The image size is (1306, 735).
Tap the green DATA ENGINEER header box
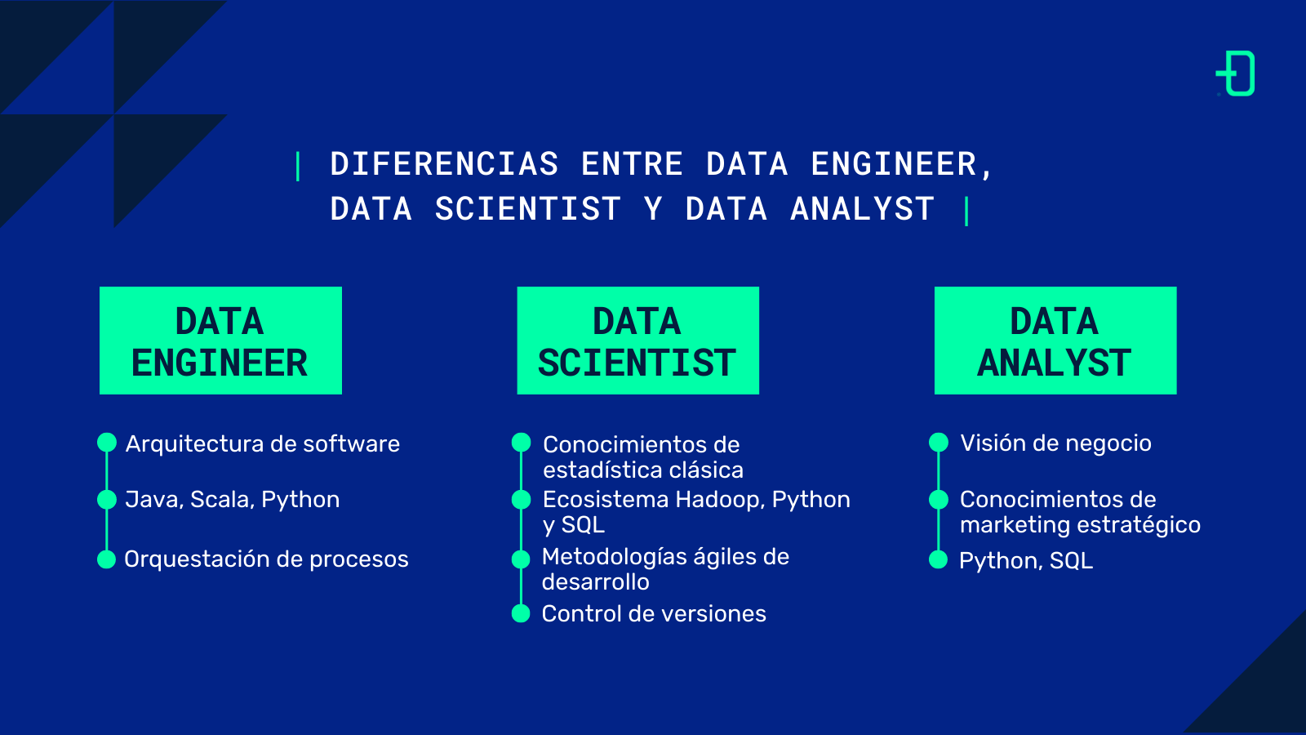coord(220,341)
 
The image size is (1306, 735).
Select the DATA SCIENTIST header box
coord(637,341)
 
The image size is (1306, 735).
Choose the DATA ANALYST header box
coord(1055,341)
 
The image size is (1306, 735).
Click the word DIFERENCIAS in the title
coord(444,164)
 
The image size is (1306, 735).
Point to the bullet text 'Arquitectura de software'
coord(262,443)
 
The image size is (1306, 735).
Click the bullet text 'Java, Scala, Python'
coord(232,499)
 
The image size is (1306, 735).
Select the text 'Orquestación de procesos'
coord(266,559)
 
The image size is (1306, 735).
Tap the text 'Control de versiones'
coord(654,613)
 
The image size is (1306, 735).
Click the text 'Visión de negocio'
coord(1055,443)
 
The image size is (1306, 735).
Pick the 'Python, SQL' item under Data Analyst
coord(1025,560)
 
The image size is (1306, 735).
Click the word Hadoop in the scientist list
coord(718,499)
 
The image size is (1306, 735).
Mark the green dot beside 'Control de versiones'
coord(521,613)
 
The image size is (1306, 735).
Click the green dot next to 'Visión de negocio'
coord(939,443)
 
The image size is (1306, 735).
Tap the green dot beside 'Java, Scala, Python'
coord(107,499)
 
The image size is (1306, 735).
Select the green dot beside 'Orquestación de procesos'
coord(106,559)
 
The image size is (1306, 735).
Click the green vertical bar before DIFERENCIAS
coord(298,166)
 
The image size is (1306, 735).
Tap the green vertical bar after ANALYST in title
coord(966,211)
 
